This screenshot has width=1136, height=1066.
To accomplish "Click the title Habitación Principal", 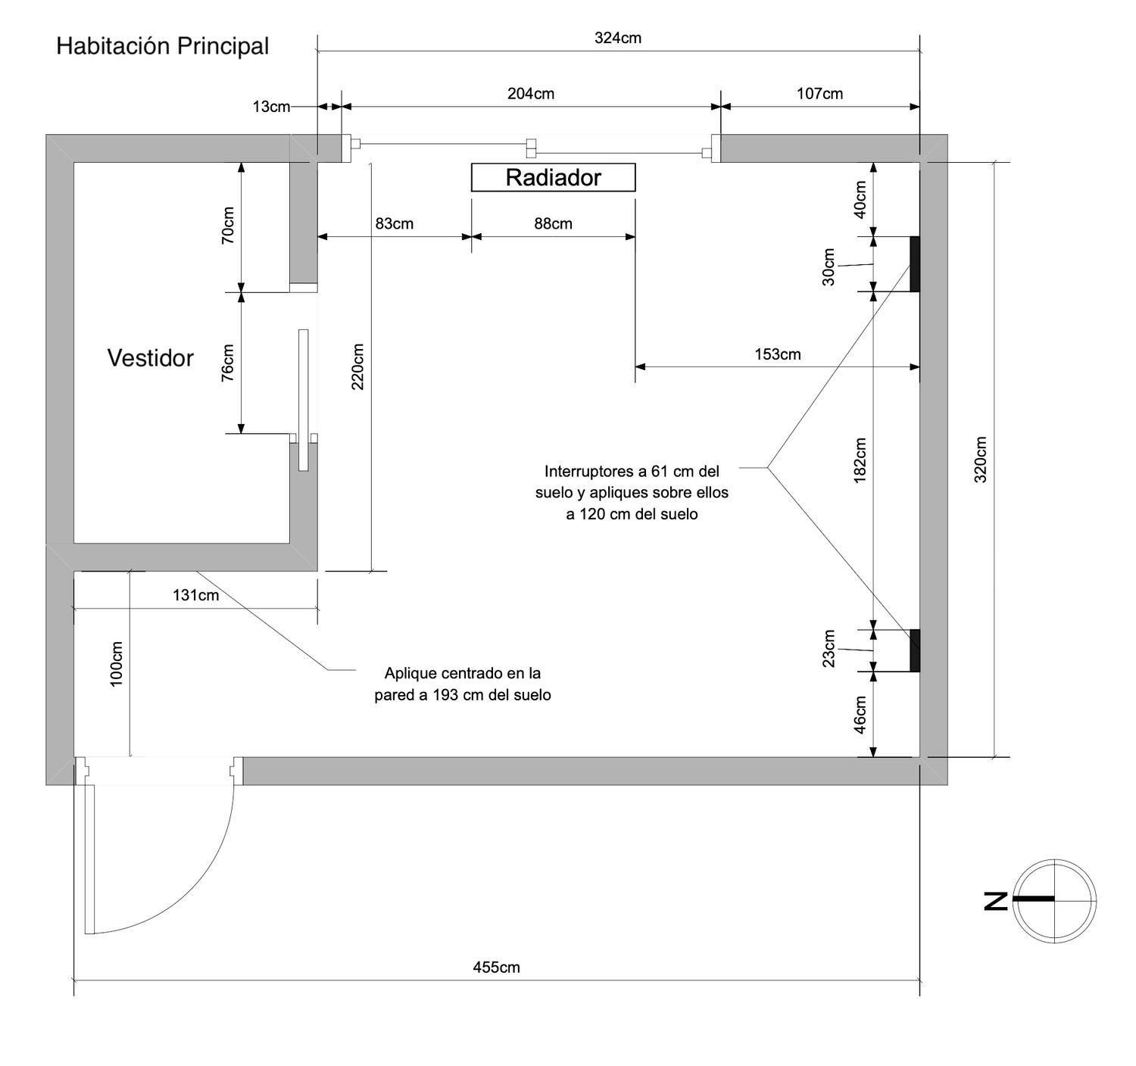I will coord(162,46).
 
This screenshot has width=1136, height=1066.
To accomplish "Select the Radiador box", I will coord(553,178).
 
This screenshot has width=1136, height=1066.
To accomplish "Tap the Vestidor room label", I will coord(150,358).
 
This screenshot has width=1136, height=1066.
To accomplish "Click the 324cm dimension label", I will coord(617,38).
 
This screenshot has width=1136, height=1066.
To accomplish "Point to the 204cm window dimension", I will coord(530,94).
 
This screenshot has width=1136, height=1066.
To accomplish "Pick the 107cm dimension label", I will coord(819,94).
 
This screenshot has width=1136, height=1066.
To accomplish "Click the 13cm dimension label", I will coord(271,107).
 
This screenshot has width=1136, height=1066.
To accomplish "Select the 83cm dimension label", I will coord(394,223).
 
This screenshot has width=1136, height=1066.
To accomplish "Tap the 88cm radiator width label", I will coord(553,223).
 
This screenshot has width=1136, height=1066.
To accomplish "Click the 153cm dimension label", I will coord(777,354).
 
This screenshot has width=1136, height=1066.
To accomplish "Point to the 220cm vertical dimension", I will coord(358,366).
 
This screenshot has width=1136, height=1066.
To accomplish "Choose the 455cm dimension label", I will coord(496,967).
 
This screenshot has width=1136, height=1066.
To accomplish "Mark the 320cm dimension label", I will coord(981,460).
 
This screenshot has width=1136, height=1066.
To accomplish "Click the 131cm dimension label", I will coord(195,595).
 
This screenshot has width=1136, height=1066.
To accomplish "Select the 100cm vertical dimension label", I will coord(117,664).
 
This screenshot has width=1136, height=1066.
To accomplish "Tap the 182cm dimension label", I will coord(860,460).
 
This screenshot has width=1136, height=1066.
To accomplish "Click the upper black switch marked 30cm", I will coord(914,263).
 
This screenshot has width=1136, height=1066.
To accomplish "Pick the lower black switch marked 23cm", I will coord(914,650).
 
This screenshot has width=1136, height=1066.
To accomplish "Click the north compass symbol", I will coord(1054,899).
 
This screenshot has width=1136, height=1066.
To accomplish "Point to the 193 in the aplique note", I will coord(448,695).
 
